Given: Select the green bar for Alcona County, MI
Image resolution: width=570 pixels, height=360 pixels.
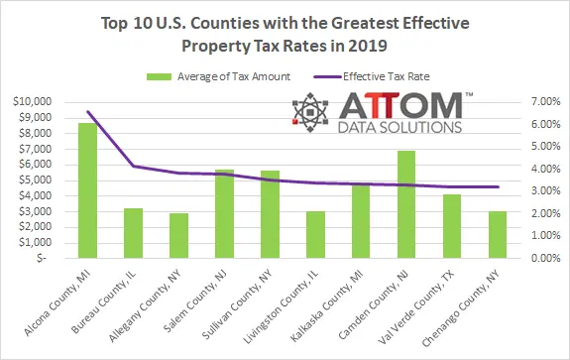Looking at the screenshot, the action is pyautogui.click(x=87, y=190).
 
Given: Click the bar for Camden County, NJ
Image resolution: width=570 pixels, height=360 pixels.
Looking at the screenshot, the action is pyautogui.click(x=406, y=204).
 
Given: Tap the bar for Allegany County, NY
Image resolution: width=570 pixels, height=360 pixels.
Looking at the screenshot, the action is pyautogui.click(x=178, y=236).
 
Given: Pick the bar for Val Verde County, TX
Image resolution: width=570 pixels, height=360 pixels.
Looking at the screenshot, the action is pyautogui.click(x=452, y=226).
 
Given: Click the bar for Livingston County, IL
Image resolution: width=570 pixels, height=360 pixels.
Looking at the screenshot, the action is pyautogui.click(x=315, y=234).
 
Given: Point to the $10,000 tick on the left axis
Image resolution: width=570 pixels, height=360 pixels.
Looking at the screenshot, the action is pyautogui.click(x=33, y=101).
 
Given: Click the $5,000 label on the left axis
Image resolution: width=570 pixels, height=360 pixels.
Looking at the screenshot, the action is pyautogui.click(x=36, y=180).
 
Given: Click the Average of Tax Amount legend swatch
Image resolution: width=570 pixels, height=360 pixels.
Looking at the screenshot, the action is pyautogui.click(x=159, y=76).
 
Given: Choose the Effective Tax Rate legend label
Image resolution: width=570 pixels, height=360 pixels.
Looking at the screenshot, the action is pyautogui.click(x=387, y=76).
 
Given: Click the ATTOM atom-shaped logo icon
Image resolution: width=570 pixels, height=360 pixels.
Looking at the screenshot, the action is pyautogui.click(x=310, y=112).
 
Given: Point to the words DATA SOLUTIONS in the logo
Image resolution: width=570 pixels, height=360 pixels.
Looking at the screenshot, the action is pyautogui.click(x=399, y=127).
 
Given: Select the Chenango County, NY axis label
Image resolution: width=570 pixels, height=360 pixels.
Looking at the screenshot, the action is pyautogui.click(x=461, y=309).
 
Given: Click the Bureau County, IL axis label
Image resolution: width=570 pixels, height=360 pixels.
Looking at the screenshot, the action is pyautogui.click(x=104, y=302).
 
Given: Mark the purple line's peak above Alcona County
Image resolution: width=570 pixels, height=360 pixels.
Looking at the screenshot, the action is pyautogui.click(x=88, y=112).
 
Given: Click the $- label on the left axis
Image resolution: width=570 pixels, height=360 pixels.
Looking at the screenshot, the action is pyautogui.click(x=42, y=258).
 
